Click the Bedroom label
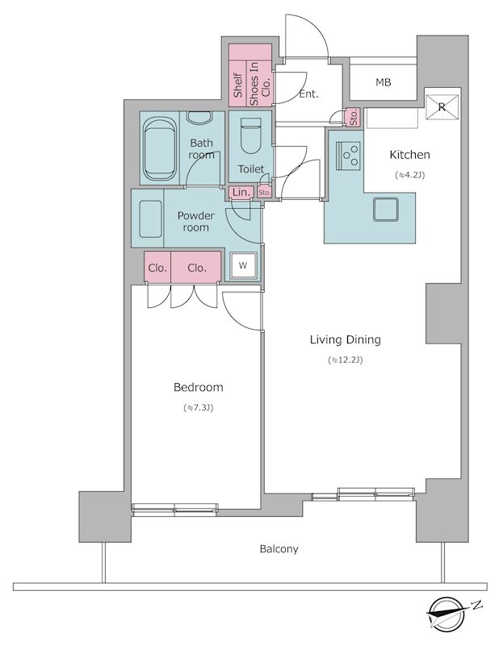tap(198, 388)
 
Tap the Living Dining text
tap(346, 339)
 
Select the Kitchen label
tap(409, 155)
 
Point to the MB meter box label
tap(384, 83)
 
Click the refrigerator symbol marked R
tap(442, 107)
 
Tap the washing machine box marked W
tap(243, 265)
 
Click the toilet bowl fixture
tap(251, 135)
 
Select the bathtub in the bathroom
tap(159, 149)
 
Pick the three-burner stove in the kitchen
tap(349, 156)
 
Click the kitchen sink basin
tap(386, 210)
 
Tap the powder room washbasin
tap(150, 218)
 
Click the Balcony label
tap(279, 549)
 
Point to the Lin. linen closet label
tap(241, 192)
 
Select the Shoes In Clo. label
tap(259, 84)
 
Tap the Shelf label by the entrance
tap(237, 85)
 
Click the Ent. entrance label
tap(308, 94)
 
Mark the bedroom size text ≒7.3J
tap(198, 408)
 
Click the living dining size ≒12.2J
tap(346, 360)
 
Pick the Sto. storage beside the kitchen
tap(354, 117)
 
